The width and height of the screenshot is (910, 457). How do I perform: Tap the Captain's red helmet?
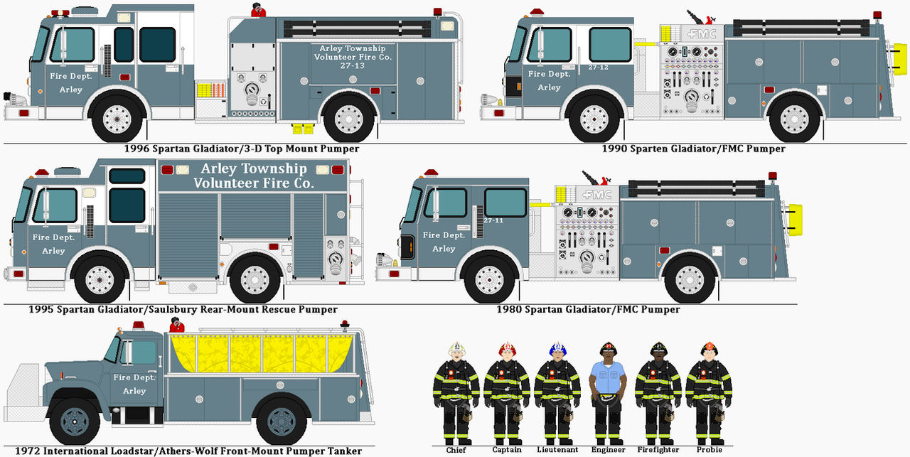506,348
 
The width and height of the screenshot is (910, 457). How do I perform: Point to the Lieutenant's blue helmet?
557,348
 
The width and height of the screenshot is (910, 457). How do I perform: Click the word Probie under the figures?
708,450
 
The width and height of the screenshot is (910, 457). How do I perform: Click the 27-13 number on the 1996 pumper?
353,66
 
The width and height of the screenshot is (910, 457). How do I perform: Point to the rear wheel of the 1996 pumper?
349,119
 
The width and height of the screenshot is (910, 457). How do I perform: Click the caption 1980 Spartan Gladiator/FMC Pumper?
587,310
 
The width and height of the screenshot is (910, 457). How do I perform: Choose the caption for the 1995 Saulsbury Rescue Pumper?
183,310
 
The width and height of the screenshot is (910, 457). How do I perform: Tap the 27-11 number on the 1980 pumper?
493,221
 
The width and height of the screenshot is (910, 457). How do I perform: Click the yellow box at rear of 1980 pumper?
795,217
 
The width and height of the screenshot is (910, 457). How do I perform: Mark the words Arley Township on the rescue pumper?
254,169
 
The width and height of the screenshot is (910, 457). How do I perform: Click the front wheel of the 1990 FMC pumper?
594,119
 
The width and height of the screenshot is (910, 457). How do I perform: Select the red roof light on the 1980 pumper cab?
431,173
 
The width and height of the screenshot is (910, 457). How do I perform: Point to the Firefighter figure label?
658,450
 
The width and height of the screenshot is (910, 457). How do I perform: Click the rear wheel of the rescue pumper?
255,279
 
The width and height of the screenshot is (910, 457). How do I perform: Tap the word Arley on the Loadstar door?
134,391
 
